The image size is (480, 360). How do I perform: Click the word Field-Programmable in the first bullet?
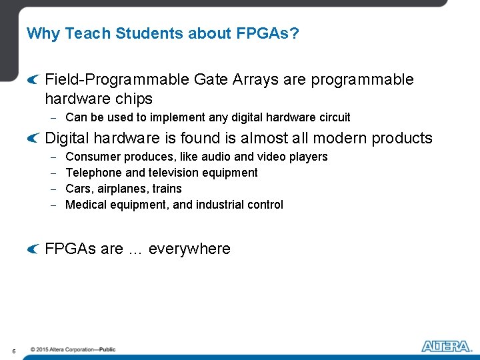click(x=117, y=80)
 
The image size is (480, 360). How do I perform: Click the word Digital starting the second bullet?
click(x=67, y=138)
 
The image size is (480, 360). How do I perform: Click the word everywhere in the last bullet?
click(x=189, y=249)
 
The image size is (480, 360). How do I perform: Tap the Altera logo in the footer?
click(x=445, y=346)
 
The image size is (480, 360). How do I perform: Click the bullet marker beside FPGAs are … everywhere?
click(x=33, y=249)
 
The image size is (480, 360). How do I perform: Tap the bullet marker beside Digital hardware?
click(x=33, y=138)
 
